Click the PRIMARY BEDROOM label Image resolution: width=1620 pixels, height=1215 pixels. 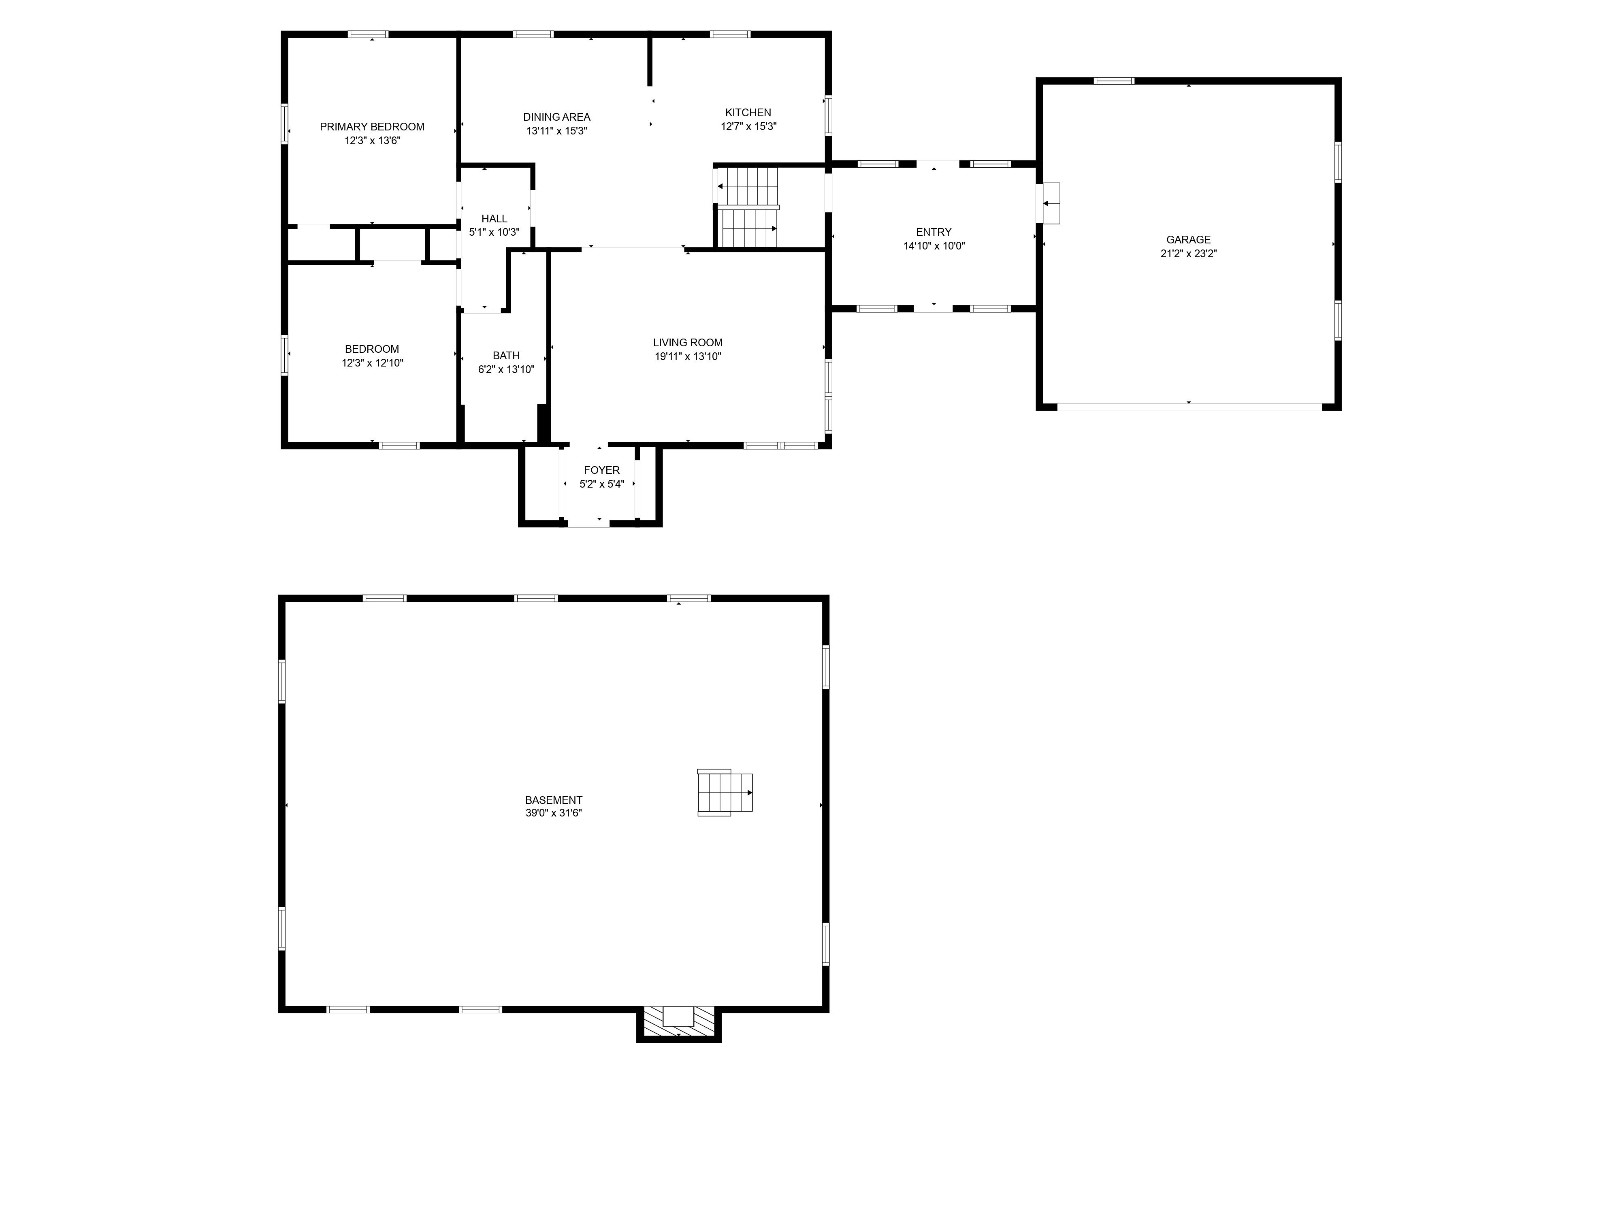[x=372, y=127]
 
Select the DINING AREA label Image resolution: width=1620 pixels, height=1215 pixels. [x=556, y=117]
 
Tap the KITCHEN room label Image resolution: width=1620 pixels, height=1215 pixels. [x=748, y=113]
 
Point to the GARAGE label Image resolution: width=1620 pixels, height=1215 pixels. [x=1188, y=239]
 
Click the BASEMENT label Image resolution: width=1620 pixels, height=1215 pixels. [x=554, y=800]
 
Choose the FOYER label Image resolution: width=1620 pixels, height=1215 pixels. [x=602, y=470]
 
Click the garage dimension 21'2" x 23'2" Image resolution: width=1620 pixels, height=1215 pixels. [x=1188, y=254]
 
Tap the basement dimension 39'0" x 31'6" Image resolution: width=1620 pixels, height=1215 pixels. [x=554, y=813]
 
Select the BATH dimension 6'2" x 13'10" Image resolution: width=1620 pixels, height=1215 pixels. [x=506, y=370]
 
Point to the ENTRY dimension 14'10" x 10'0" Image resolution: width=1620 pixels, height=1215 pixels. [x=934, y=246]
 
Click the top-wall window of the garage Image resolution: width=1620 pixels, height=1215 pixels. [x=1114, y=81]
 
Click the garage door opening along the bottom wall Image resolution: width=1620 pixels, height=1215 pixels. [x=1189, y=407]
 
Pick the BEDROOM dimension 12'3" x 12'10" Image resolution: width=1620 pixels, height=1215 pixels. [x=372, y=362]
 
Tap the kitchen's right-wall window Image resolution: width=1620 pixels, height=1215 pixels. [x=828, y=115]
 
